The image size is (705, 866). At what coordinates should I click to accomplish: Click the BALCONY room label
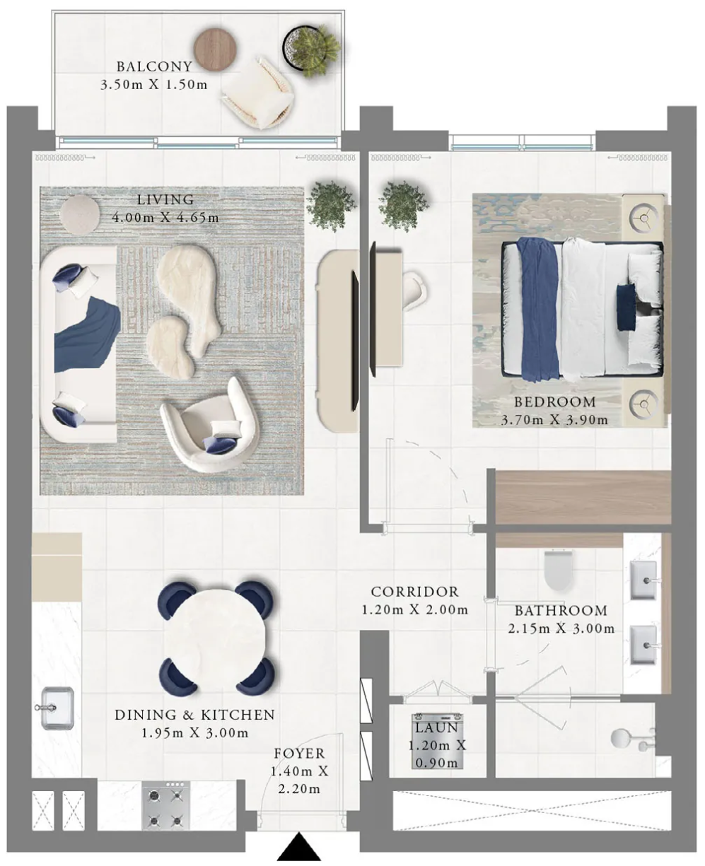tap(154, 66)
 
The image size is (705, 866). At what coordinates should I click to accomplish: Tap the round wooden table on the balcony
tap(215, 49)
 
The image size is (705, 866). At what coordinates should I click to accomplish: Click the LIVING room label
tap(165, 199)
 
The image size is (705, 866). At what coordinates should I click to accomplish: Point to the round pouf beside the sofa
tap(80, 214)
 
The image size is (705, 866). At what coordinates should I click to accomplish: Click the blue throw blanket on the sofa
tap(87, 335)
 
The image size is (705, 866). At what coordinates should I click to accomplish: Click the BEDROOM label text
tap(555, 402)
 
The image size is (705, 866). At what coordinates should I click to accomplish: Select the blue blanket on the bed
tap(540, 310)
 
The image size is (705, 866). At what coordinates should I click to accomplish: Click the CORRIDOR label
tap(414, 592)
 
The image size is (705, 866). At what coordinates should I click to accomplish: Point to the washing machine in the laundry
tap(437, 741)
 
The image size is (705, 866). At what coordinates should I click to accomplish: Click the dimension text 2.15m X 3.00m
tap(561, 628)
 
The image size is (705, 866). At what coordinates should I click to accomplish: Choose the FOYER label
tap(300, 754)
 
